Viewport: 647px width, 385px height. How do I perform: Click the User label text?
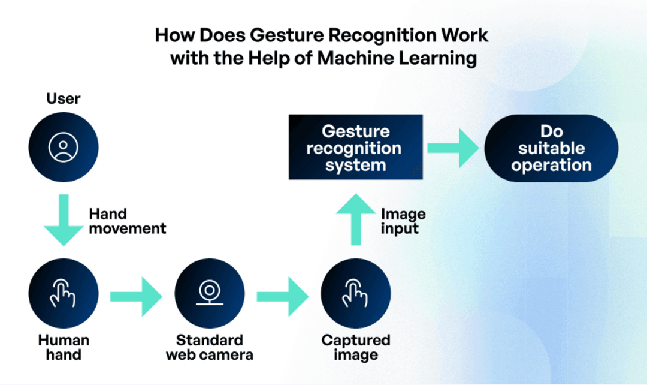tap(64, 98)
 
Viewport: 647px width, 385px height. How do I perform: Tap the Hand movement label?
tap(127, 221)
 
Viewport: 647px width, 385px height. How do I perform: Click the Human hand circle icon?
tap(64, 294)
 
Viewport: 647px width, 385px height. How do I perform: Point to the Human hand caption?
tap(64, 347)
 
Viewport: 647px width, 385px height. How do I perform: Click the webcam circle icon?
tap(210, 294)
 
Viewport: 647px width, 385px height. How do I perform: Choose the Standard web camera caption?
tap(210, 347)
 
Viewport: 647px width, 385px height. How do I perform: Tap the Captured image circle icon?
tap(356, 294)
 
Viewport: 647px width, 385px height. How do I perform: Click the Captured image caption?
tap(356, 347)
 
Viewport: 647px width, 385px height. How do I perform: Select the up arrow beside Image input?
tap(356, 219)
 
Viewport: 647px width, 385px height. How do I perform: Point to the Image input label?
tap(403, 221)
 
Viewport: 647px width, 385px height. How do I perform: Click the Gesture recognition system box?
tap(355, 148)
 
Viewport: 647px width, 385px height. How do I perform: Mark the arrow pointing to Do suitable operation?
tap(452, 148)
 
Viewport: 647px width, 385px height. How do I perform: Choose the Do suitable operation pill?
tap(551, 148)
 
